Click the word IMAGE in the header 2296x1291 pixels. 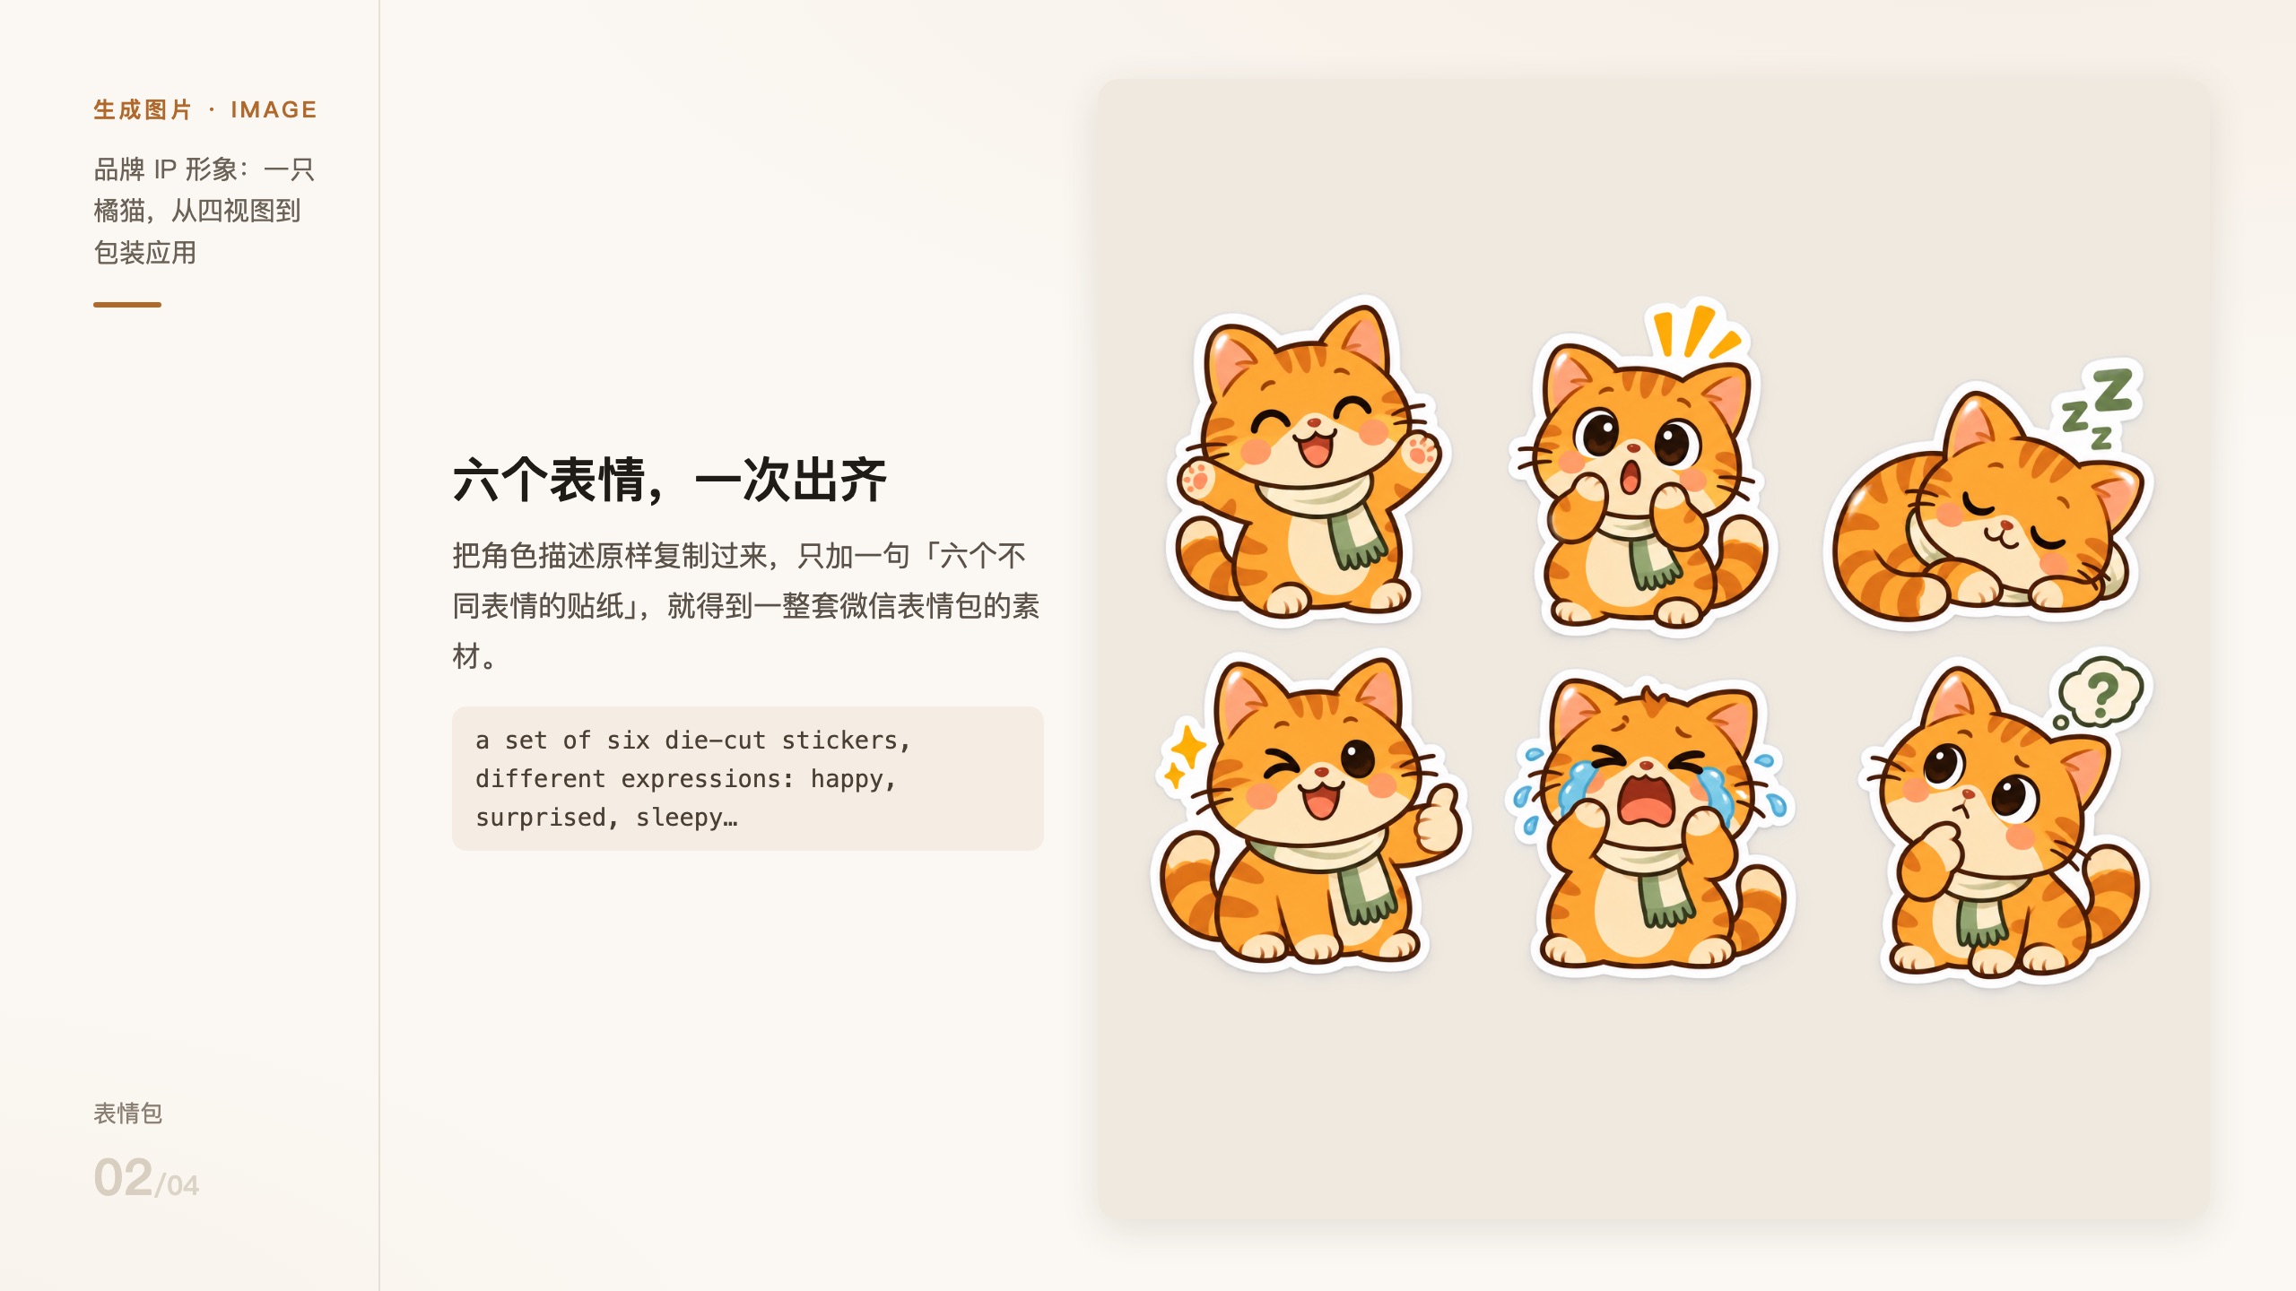274,110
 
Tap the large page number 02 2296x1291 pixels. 123,1177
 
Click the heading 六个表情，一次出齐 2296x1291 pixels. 669,480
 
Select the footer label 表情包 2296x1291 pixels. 128,1113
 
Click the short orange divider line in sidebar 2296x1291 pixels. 127,305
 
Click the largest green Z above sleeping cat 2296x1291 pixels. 2113,391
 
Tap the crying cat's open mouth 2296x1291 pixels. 1646,800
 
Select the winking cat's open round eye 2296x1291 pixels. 1358,758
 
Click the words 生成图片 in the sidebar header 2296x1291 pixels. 143,110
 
